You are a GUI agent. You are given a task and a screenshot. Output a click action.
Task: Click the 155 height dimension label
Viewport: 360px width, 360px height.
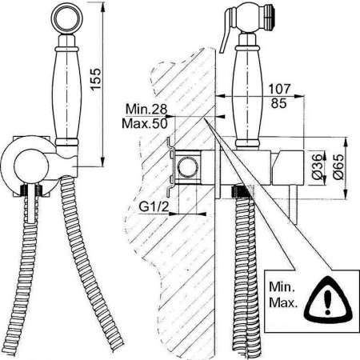pos(96,79)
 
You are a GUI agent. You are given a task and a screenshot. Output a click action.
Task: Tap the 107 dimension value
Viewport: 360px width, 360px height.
pos(279,89)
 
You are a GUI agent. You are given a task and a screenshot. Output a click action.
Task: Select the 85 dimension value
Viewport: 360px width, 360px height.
pos(279,103)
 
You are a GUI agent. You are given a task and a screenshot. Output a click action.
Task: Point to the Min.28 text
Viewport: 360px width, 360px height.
pos(146,109)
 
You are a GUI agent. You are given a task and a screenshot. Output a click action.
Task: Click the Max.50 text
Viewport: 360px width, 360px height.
pos(145,123)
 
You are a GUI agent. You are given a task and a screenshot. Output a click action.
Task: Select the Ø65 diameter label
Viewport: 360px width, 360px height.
pos(338,167)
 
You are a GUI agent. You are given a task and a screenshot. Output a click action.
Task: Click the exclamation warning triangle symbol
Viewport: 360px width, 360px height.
pos(329,299)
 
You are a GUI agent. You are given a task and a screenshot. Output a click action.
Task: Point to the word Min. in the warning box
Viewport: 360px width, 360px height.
pos(282,287)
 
